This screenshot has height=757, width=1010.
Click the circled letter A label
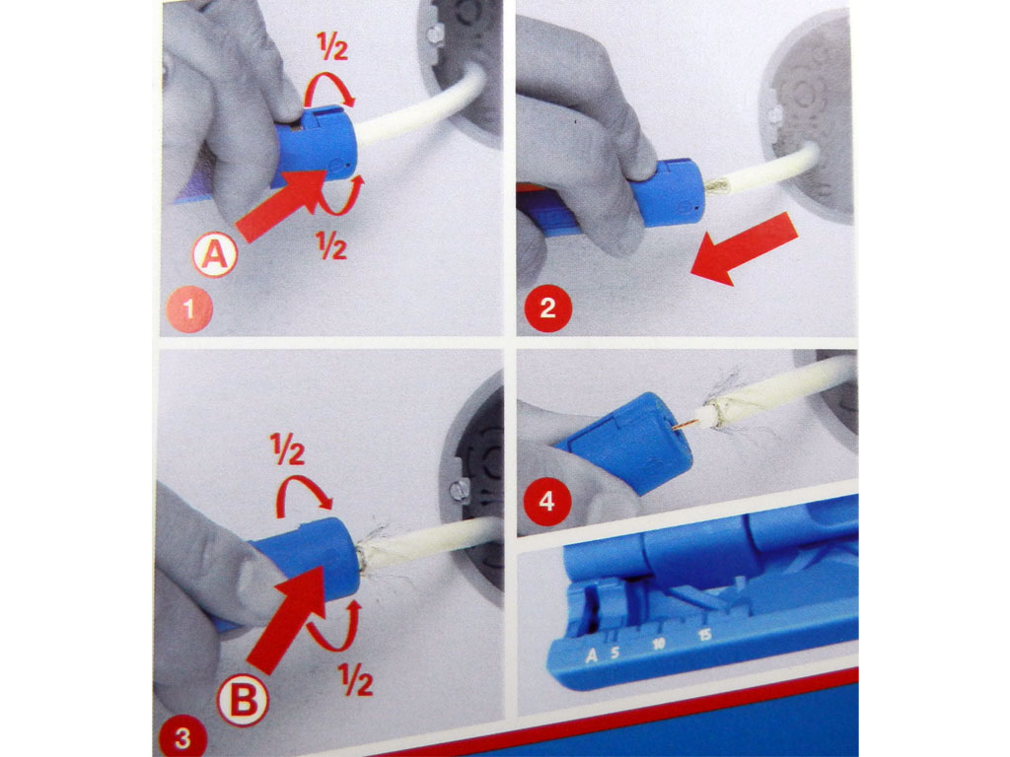pos(214,256)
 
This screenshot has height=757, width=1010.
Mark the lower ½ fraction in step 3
pos(356,679)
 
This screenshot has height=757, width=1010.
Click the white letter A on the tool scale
pos(592,654)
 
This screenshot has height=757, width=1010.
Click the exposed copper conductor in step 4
pos(681,425)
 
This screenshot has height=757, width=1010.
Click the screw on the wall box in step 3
pos(458,490)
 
